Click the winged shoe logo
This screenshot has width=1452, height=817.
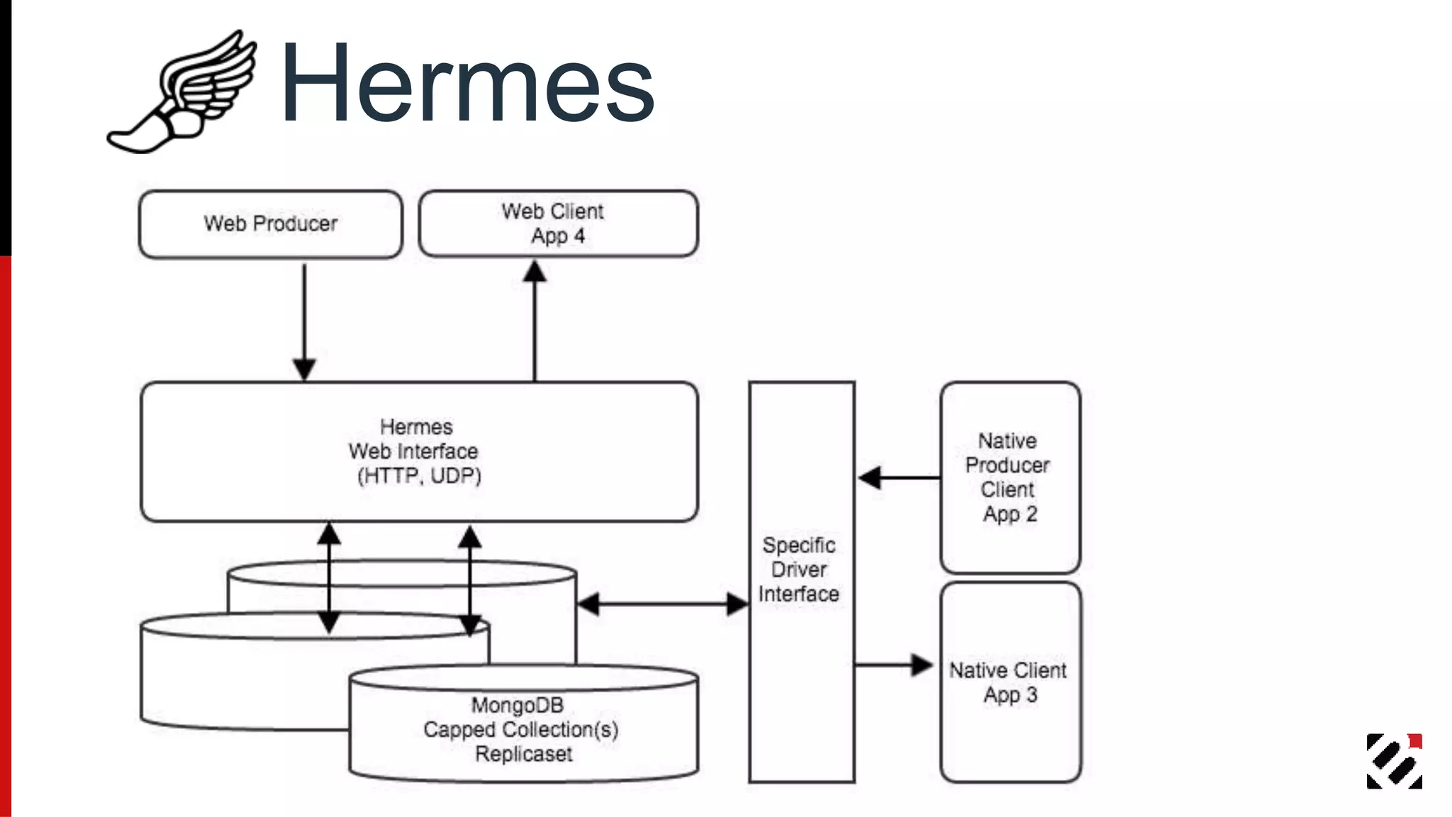click(182, 92)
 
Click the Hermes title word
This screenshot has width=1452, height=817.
click(467, 84)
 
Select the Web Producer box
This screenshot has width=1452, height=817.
click(270, 224)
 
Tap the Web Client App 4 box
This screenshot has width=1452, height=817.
click(558, 223)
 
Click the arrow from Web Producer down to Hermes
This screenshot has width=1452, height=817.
click(304, 319)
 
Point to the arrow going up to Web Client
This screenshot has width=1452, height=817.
click(535, 319)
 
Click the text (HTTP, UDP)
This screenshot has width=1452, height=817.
click(419, 475)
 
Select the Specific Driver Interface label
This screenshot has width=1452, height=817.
click(799, 569)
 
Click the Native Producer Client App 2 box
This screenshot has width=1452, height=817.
click(1010, 477)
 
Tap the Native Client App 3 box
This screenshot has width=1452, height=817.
click(1010, 682)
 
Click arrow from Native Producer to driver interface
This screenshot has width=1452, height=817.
click(899, 477)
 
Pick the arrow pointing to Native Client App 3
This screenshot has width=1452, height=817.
click(893, 665)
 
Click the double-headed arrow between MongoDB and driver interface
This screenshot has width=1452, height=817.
click(663, 604)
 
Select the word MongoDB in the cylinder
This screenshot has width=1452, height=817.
click(518, 705)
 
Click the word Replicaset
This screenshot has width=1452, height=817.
click(523, 754)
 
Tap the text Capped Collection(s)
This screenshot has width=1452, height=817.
click(520, 729)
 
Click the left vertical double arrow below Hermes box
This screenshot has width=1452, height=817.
click(328, 578)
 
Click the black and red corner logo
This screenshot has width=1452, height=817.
click(1394, 761)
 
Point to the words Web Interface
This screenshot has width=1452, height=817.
click(413, 451)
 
